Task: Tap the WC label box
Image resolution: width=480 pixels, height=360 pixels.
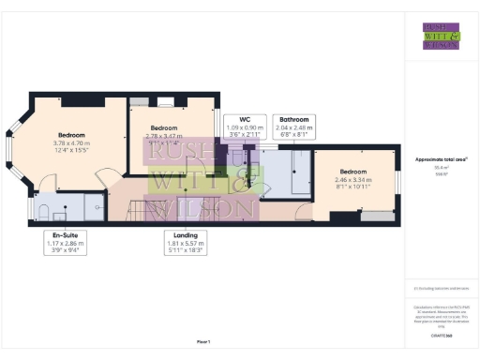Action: coord(245,127)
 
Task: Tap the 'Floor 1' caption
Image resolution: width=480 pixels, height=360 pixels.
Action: coord(203,341)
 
